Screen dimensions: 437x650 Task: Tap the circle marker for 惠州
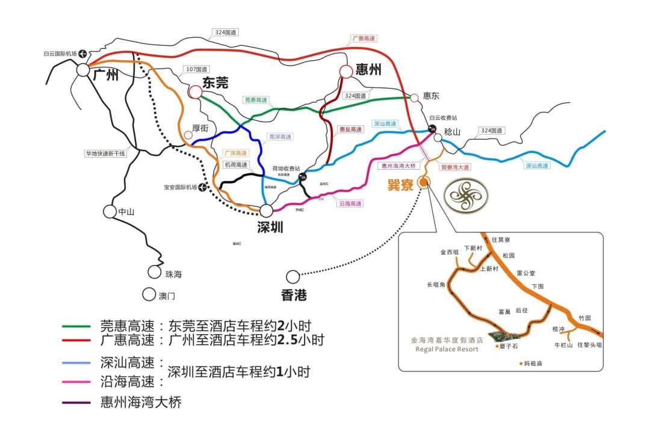[346, 72]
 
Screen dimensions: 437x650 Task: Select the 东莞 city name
[215, 83]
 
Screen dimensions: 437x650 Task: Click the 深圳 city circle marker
[267, 210]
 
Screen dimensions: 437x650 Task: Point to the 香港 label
[294, 296]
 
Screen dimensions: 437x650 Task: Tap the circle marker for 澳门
[148, 294]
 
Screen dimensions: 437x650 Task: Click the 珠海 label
[173, 274]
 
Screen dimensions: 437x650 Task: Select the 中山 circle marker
[109, 211]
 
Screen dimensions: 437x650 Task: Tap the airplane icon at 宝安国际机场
[202, 187]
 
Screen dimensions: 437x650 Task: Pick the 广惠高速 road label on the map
[363, 39]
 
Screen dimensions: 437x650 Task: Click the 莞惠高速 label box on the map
[256, 100]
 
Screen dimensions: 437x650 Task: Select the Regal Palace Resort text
[446, 349]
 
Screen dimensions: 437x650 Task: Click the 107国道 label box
[197, 69]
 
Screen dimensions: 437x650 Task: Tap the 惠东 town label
[431, 96]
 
